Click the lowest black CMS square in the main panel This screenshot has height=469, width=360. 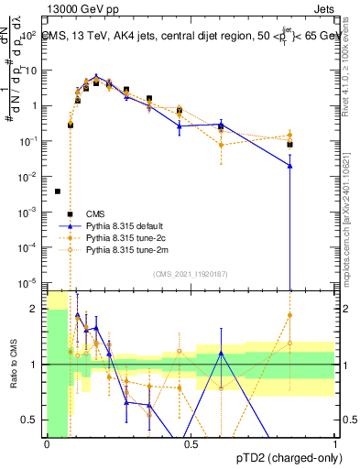pyautogui.click(x=58, y=191)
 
